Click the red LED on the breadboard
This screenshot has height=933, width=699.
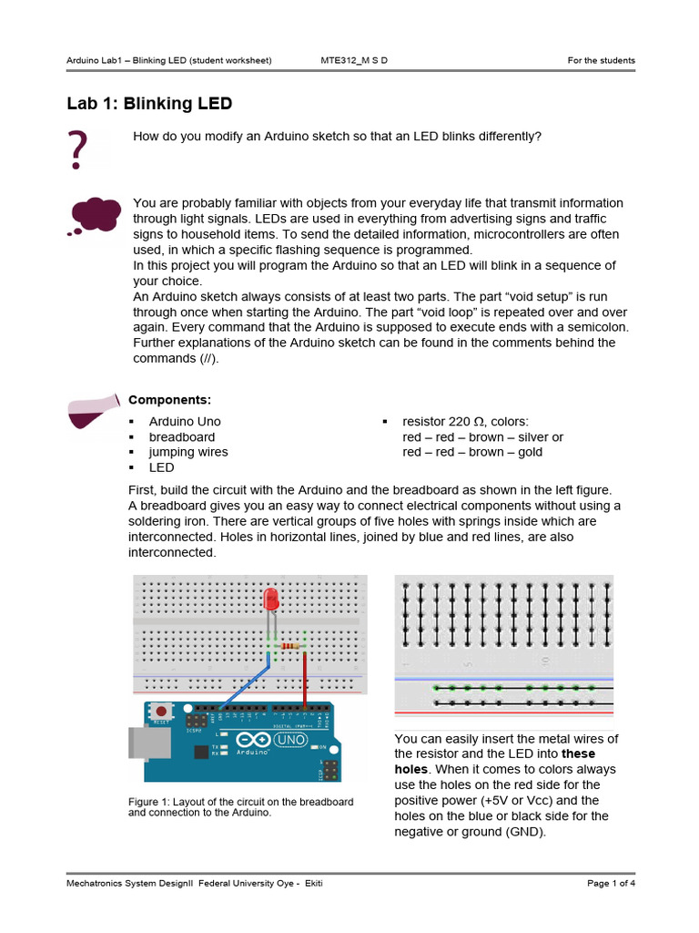[270, 600]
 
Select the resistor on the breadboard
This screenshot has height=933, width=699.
[289, 646]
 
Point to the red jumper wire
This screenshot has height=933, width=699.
[304, 679]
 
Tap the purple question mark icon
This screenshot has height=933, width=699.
[77, 150]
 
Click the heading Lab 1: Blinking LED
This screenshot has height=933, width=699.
[149, 103]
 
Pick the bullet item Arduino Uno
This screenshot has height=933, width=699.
[185, 421]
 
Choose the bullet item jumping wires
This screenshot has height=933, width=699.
[188, 452]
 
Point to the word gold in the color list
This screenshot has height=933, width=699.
[530, 452]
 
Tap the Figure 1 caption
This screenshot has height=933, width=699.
[240, 806]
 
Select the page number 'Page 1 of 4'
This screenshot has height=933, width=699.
[611, 884]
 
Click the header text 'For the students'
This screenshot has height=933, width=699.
[601, 61]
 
